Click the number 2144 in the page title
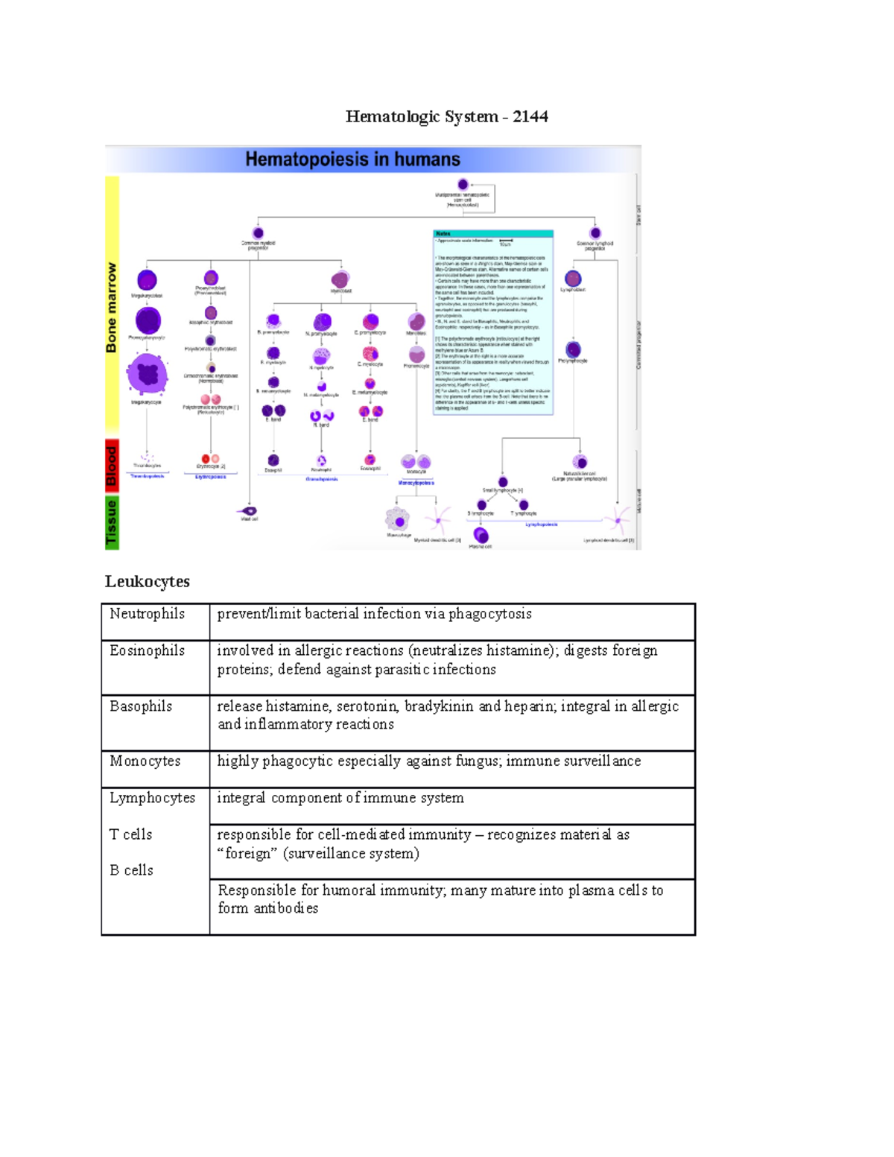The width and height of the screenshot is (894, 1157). coord(530,116)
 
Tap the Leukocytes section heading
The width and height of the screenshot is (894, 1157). coord(148,581)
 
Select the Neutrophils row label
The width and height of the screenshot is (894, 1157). coord(147,614)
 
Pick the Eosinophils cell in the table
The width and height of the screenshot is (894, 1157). coord(147,650)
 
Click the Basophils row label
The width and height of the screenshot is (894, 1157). coord(141,706)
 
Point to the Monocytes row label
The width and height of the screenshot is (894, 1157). coord(145,761)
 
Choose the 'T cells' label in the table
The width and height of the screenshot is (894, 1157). coord(131,834)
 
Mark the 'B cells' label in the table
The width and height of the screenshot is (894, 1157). coord(132,870)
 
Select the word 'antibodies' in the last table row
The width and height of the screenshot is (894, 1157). coord(286,908)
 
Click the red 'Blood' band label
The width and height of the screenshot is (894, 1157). coord(112,466)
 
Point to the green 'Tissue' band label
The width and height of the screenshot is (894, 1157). coord(112,523)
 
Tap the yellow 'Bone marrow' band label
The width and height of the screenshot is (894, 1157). coord(112,307)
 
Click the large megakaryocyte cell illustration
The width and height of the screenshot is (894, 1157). coord(147,373)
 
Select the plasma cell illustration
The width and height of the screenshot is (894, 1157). coord(481,535)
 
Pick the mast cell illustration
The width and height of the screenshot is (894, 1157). coord(247,511)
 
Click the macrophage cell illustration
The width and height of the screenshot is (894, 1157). coord(398,521)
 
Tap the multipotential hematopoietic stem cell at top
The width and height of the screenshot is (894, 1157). coord(463,184)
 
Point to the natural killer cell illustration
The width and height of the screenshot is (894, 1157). coord(580,462)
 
